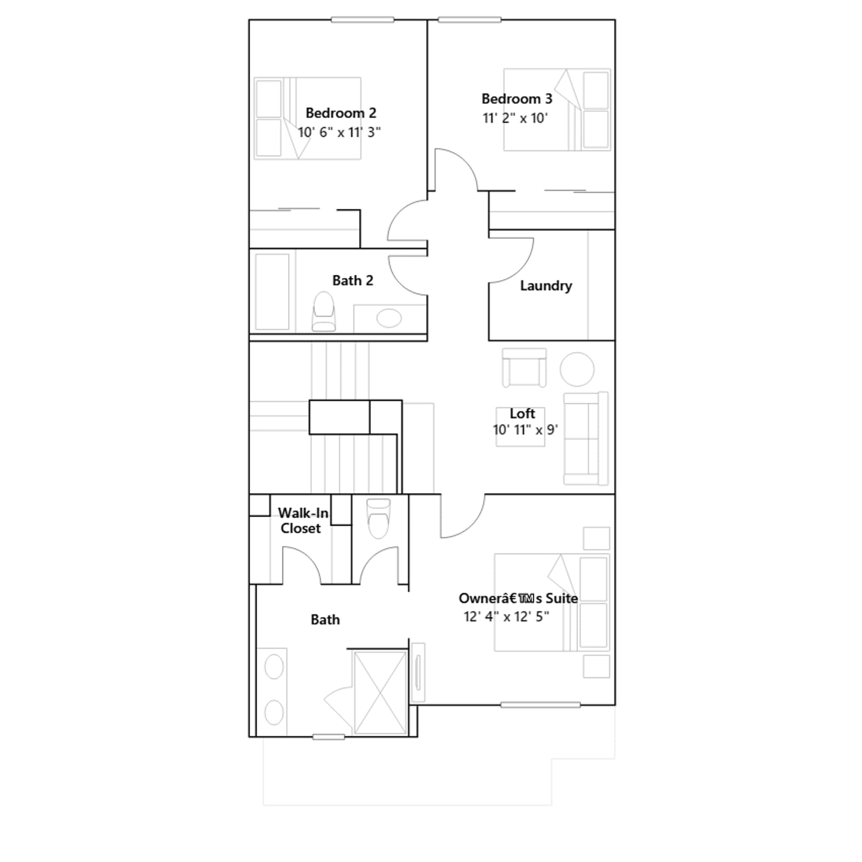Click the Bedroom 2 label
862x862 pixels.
340,113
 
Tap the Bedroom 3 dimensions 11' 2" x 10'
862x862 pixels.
515,118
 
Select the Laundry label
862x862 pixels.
546,286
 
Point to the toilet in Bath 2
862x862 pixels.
324,311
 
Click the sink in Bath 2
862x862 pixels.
389,318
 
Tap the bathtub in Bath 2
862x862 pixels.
272,291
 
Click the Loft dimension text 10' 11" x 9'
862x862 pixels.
525,430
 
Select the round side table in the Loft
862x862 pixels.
577,369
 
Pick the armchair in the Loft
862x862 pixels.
524,367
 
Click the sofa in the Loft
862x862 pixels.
586,439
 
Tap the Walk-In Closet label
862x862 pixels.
302,520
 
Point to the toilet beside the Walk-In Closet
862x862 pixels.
378,518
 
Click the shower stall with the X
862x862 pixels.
380,692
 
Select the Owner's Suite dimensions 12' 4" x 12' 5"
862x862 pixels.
506,616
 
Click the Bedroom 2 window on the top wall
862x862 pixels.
363,20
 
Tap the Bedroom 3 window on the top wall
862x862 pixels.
469,20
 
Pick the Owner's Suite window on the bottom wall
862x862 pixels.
540,705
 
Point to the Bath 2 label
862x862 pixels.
352,281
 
